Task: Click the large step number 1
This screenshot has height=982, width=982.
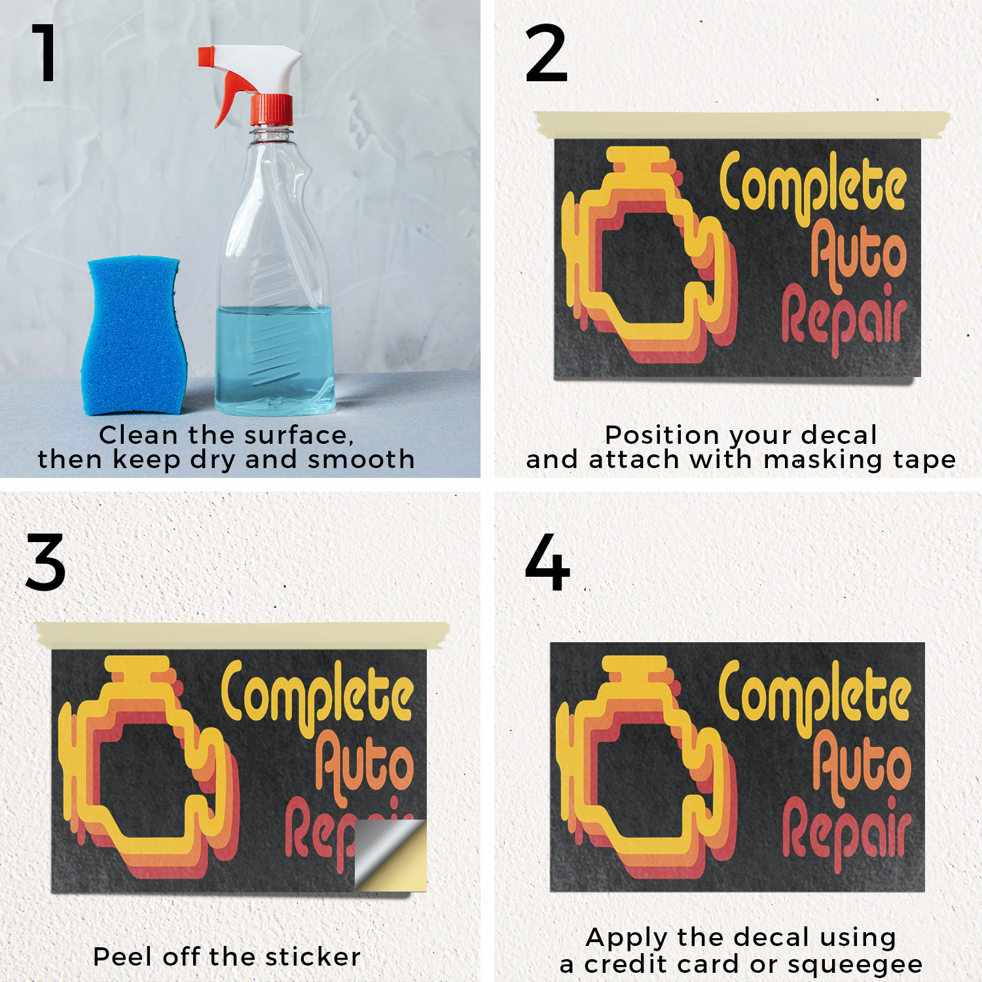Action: click(45, 53)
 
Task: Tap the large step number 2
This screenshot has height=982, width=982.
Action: click(546, 53)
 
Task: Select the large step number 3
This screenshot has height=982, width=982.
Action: click(45, 562)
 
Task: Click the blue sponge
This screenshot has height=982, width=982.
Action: click(134, 335)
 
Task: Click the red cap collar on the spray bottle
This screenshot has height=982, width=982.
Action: click(271, 109)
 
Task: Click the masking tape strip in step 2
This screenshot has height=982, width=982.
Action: click(742, 124)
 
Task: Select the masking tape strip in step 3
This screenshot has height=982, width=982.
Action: click(243, 635)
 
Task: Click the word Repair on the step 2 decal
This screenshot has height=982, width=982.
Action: click(845, 318)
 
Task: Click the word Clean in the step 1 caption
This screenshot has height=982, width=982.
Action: click(138, 435)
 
